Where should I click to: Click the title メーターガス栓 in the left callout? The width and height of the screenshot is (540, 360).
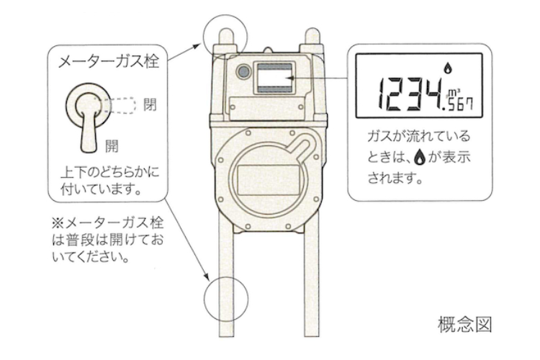point(108,62)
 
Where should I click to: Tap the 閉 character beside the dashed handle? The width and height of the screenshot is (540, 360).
point(150,104)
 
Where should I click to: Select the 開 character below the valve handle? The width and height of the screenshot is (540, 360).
point(111,146)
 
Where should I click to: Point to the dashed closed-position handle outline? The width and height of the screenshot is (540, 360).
point(120,105)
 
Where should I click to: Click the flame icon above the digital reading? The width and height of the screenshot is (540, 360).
point(448,68)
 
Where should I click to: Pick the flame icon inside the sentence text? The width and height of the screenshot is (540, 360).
point(419,157)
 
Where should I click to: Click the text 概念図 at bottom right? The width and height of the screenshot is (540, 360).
point(464,324)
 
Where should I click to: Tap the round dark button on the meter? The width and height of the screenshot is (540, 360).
point(244,72)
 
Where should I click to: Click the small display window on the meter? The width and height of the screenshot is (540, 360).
point(274,78)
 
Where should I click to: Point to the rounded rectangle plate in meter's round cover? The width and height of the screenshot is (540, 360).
point(269,180)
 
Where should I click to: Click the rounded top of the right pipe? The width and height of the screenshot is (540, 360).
point(312,35)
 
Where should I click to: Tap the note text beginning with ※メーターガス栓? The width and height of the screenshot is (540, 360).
point(107,240)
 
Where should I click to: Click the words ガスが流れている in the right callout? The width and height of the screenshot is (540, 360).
point(418,136)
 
